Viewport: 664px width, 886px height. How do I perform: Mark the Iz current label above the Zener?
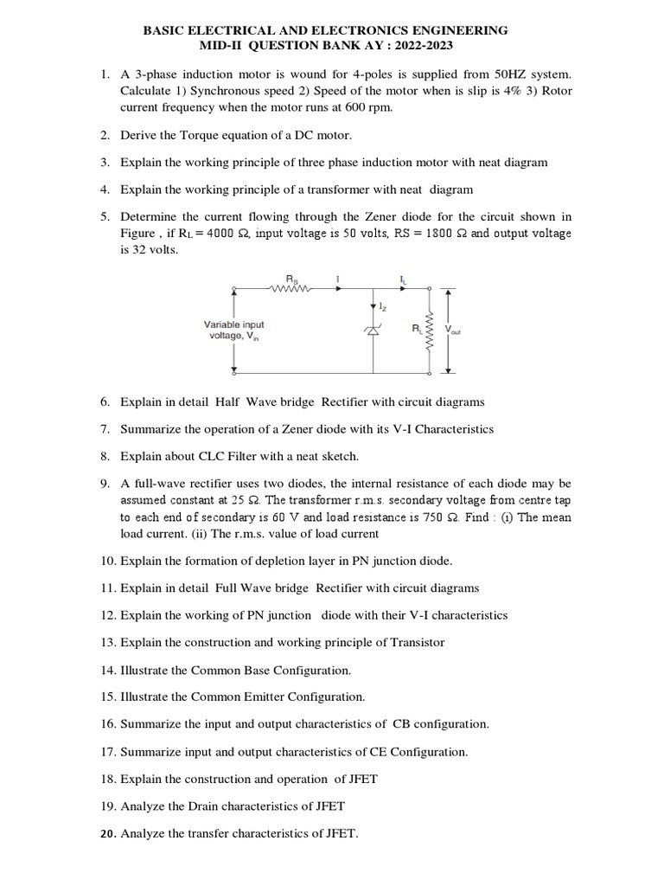pyautogui.click(x=383, y=307)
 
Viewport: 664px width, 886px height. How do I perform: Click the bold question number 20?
pyautogui.click(x=108, y=834)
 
